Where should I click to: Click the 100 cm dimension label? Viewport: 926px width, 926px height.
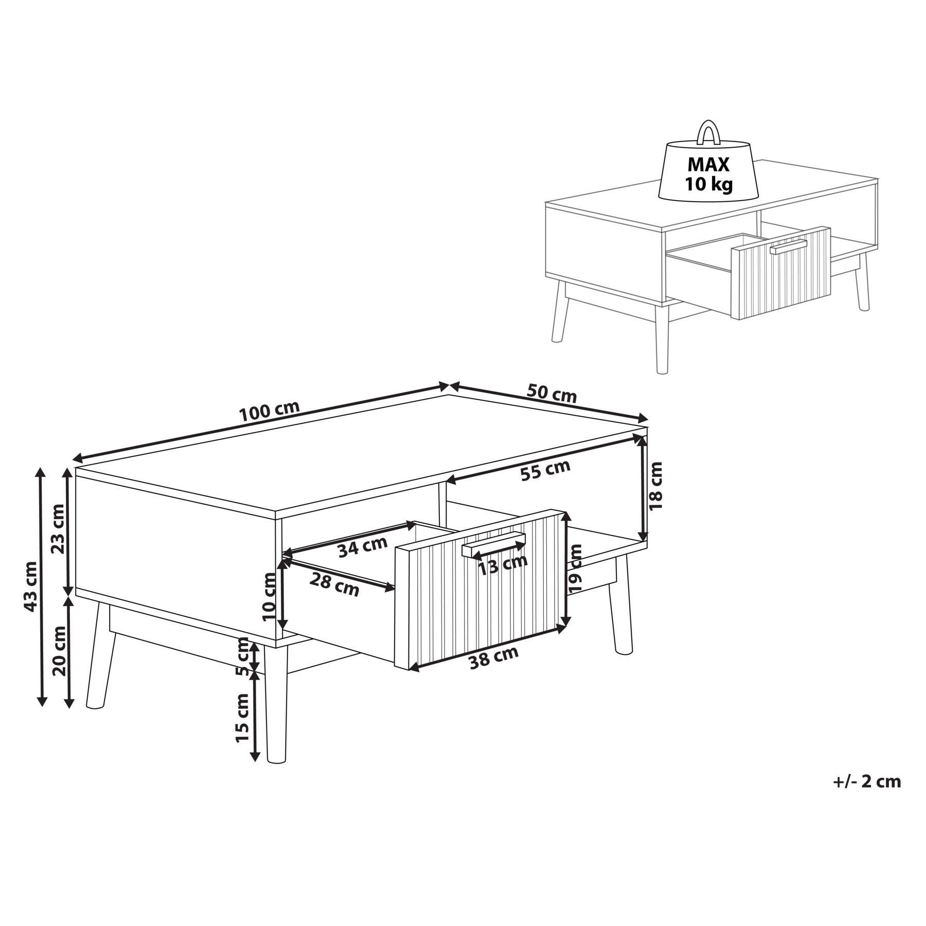click(x=270, y=410)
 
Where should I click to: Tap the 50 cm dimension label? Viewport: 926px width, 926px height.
click(x=551, y=393)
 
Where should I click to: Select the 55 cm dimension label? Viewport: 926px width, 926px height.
click(x=545, y=470)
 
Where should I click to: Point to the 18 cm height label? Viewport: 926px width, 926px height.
click(x=656, y=486)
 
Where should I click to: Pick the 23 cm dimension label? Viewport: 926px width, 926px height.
click(x=58, y=528)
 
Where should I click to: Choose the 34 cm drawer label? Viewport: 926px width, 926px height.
click(x=362, y=547)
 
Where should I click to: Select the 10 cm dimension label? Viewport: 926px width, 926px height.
click(x=269, y=597)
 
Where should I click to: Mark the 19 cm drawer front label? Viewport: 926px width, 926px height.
click(x=576, y=568)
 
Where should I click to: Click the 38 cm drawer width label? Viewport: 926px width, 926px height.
click(x=494, y=657)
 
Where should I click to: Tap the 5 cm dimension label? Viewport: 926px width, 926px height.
click(x=242, y=657)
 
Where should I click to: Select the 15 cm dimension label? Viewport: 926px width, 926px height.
click(x=242, y=718)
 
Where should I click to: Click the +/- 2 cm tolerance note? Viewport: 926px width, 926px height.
click(x=867, y=782)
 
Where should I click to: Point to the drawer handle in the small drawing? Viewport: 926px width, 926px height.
click(x=788, y=247)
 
